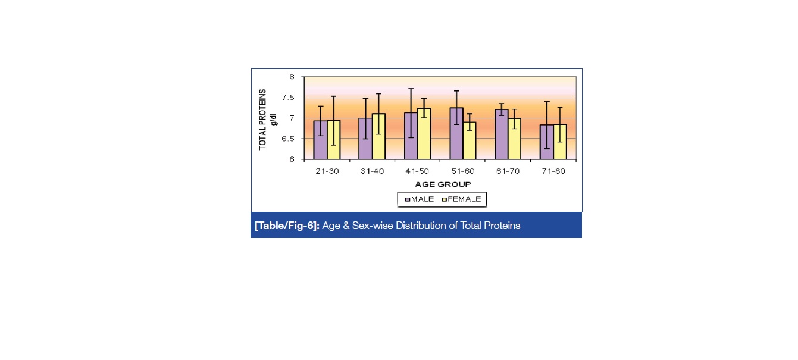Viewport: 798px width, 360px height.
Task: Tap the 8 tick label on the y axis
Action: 292,77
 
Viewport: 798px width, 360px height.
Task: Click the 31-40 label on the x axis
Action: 372,171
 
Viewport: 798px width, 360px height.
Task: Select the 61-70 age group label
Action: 508,171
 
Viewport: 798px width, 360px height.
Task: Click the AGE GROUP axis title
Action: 443,184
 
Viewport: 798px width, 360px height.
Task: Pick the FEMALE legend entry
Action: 464,199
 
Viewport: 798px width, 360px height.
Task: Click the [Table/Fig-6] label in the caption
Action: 287,226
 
